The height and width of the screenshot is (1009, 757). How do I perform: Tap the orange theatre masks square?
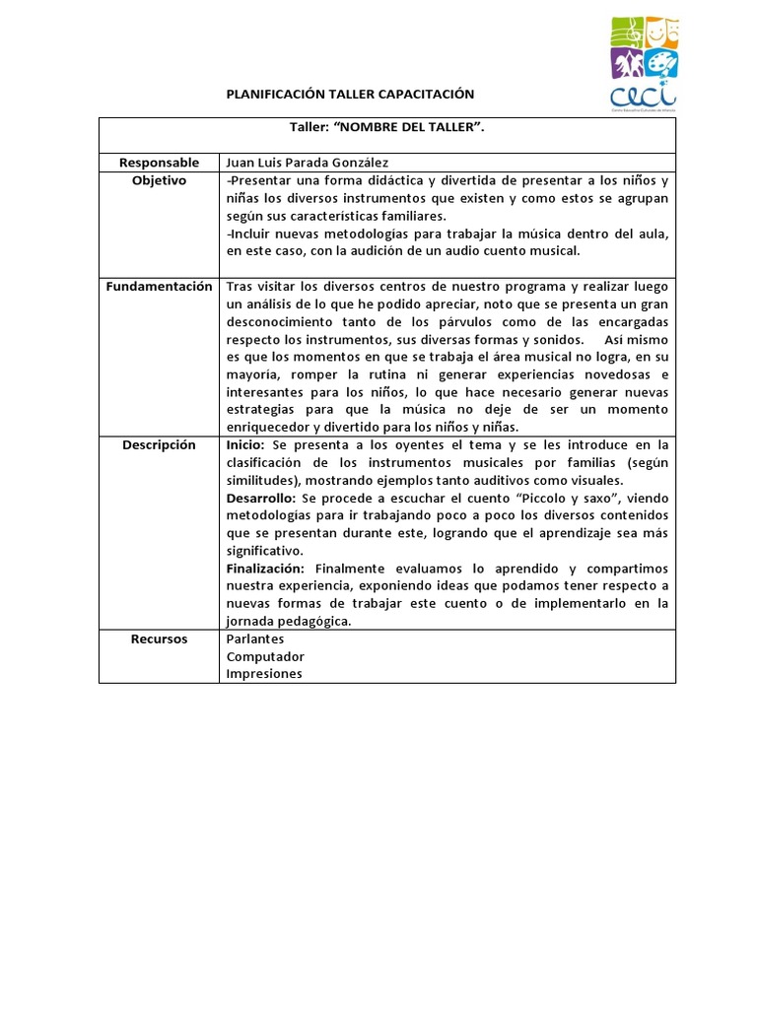pos(661,32)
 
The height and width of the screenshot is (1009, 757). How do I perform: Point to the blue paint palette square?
pos(661,64)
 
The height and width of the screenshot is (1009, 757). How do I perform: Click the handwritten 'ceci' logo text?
pos(644,97)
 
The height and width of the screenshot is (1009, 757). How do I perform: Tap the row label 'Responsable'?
pos(159,163)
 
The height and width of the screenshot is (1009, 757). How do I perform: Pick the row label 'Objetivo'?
pos(159,180)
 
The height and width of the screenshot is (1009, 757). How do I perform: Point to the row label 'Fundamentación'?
pos(159,286)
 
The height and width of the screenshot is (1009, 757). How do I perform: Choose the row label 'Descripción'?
pos(159,444)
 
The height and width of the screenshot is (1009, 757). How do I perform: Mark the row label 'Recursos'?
pos(159,639)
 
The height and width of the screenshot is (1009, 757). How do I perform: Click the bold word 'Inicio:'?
pos(245,444)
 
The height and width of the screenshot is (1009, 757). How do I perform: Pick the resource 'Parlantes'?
pos(255,639)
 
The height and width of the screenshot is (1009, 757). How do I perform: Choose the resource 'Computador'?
pos(265,656)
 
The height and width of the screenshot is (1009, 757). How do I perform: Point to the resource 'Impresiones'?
pos(264,674)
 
